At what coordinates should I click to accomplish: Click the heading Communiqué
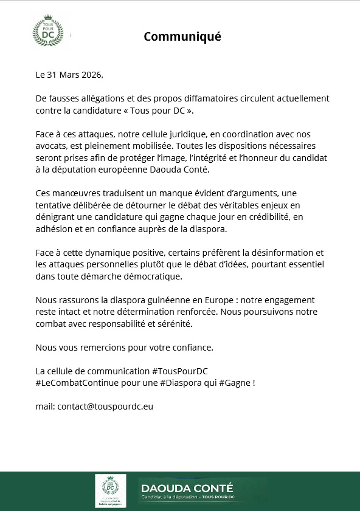[182, 36]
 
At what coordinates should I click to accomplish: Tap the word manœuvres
[77, 192]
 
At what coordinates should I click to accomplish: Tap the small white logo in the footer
[110, 490]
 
